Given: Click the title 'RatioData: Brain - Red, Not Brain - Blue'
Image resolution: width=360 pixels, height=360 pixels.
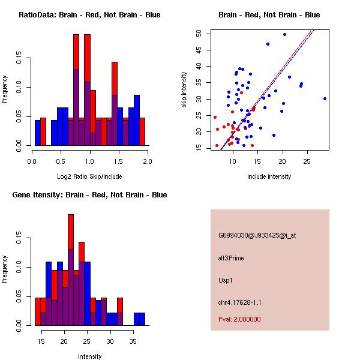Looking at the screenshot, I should (x=89, y=15).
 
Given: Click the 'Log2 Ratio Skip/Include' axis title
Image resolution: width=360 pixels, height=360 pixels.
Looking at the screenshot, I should (x=89, y=177).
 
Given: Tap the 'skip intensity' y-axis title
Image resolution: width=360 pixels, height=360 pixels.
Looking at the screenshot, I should (x=185, y=90).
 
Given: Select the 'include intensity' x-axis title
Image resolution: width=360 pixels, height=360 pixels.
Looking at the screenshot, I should (x=269, y=176).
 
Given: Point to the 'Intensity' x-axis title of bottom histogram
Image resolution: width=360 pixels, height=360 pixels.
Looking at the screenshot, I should (x=89, y=356).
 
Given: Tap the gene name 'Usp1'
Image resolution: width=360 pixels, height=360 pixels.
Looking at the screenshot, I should (x=226, y=280).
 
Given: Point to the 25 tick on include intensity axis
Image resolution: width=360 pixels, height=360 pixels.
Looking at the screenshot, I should (x=307, y=161).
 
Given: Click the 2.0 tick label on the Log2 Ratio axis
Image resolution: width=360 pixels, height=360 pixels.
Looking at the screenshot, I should (x=148, y=161).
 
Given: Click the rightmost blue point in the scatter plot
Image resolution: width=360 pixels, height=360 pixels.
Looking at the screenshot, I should (x=325, y=98).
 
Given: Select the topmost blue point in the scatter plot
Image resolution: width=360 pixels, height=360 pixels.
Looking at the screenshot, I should (x=284, y=34).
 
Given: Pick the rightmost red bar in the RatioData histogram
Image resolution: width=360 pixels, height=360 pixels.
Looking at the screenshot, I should (x=142, y=131).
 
